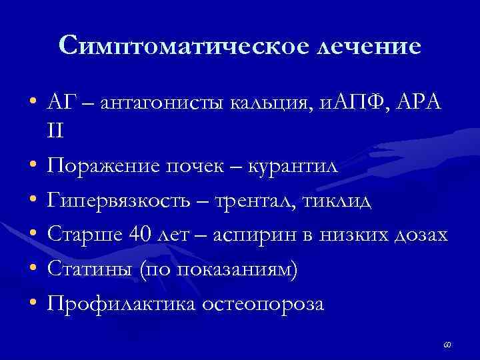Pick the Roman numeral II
coord(55,131)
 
